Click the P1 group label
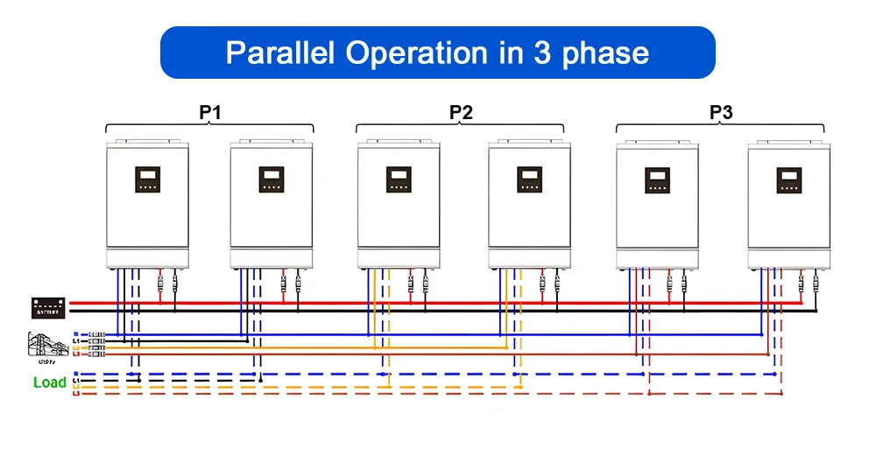(209, 112)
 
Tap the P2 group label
(461, 112)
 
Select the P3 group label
(721, 112)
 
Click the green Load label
(49, 382)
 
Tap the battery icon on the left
(48, 307)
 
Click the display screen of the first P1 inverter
(148, 179)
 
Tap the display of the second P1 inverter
(272, 179)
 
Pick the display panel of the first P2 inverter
(399, 179)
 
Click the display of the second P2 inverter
(530, 179)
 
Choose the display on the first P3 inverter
(658, 179)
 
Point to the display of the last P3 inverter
(788, 179)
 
